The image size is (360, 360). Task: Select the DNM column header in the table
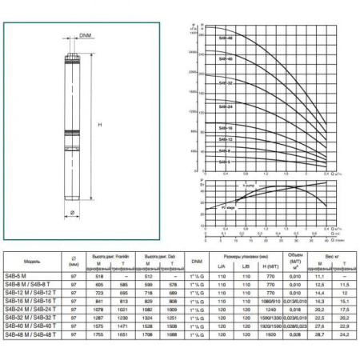click(x=196, y=261)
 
